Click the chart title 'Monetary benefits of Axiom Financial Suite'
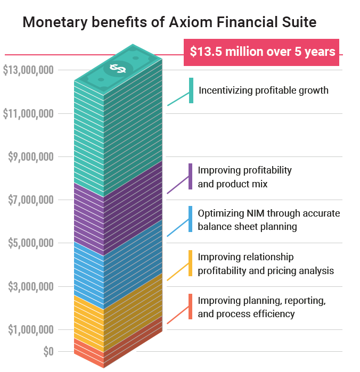[169, 22]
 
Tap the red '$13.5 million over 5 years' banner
[262, 52]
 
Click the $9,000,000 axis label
[31, 156]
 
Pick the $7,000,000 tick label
[31, 200]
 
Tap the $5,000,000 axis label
[31, 243]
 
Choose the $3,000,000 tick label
[31, 287]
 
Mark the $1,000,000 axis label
[31, 330]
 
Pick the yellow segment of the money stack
[117, 314]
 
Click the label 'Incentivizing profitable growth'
[264, 90]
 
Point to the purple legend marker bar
[190, 177]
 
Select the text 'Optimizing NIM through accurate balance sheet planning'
[268, 220]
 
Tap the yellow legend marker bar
[190, 263]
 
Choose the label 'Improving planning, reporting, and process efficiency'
[261, 307]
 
